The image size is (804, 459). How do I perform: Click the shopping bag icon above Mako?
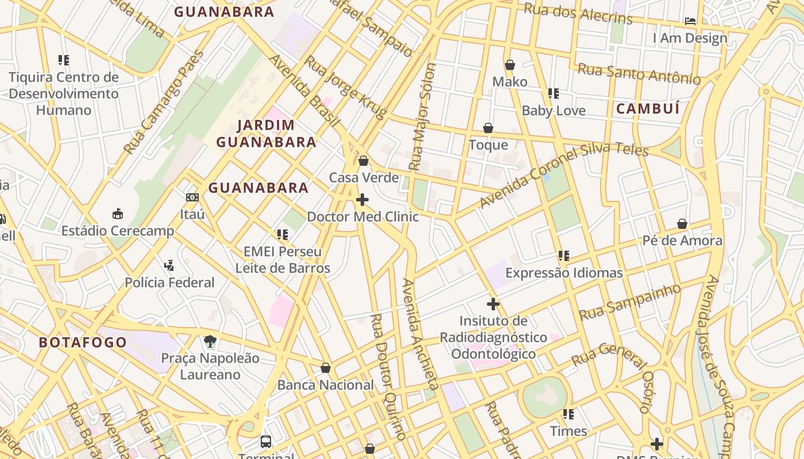[509, 65]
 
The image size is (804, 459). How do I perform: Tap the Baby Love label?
[554, 111]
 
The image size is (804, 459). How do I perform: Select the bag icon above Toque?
[488, 128]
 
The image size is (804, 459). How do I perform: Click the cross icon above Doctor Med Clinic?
[362, 200]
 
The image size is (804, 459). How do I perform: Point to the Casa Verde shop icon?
[363, 161]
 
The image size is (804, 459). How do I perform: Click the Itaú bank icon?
[192, 197]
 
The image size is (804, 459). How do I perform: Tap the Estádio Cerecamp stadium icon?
[118, 214]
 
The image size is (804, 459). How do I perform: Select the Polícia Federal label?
[169, 282]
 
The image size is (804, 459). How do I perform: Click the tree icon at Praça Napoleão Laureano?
[210, 341]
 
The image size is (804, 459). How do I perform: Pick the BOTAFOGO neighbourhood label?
[83, 343]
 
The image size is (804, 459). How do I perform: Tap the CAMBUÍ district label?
[648, 108]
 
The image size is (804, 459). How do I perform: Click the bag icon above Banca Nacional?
[326, 368]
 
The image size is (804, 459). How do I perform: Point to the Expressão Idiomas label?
[564, 273]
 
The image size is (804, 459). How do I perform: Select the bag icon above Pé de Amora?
[682, 223]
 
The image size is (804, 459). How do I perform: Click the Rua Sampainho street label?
[630, 302]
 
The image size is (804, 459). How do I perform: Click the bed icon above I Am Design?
[690, 21]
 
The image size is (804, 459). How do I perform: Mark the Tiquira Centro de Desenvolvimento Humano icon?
[64, 60]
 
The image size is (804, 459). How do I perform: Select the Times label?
[569, 431]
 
